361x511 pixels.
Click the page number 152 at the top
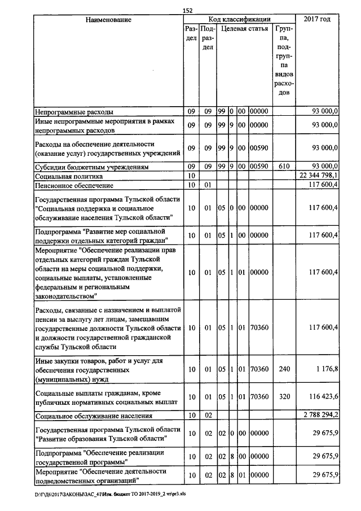pyautogui.click(x=188, y=10)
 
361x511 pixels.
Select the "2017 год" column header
pyautogui.click(x=316, y=20)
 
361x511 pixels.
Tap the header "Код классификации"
pyautogui.click(x=239, y=19)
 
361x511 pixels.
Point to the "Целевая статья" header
pyautogui.click(x=244, y=28)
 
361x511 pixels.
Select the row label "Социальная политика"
pyautogui.click(x=67, y=176)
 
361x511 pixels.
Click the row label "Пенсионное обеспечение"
pyautogui.click(x=74, y=185)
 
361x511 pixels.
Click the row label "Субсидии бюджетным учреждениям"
pyautogui.click(x=91, y=167)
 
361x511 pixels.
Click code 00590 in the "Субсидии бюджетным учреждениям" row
pyautogui.click(x=259, y=167)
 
